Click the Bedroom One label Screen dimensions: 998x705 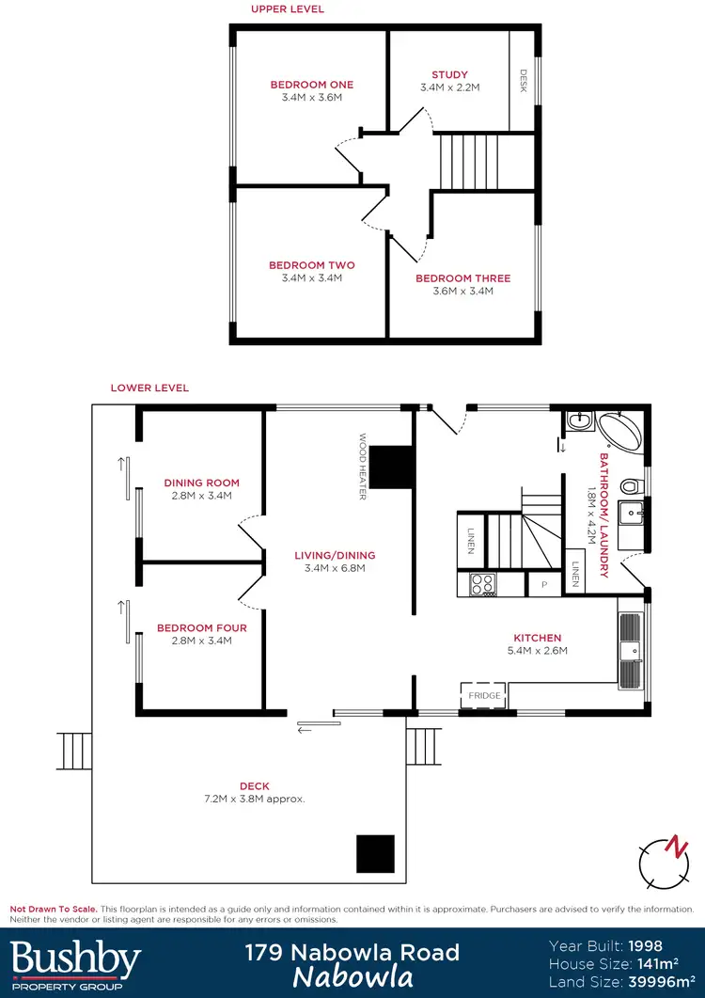click(311, 85)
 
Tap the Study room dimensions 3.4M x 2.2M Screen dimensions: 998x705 click(449, 87)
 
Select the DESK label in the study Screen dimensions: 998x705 click(524, 83)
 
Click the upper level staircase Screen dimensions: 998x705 click(471, 161)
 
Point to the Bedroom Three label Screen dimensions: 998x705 click(462, 278)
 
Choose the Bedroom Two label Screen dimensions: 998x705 click(311, 265)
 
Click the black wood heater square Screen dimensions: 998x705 click(390, 467)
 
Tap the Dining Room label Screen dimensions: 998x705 click(201, 483)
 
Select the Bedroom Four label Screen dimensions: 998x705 click(201, 627)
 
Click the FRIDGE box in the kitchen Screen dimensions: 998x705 click(485, 695)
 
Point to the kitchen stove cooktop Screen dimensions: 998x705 click(482, 584)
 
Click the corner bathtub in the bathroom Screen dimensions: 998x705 click(621, 433)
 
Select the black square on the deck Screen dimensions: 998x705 click(375, 853)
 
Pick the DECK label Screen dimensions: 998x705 click(254, 786)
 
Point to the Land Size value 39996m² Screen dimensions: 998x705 click(657, 983)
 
